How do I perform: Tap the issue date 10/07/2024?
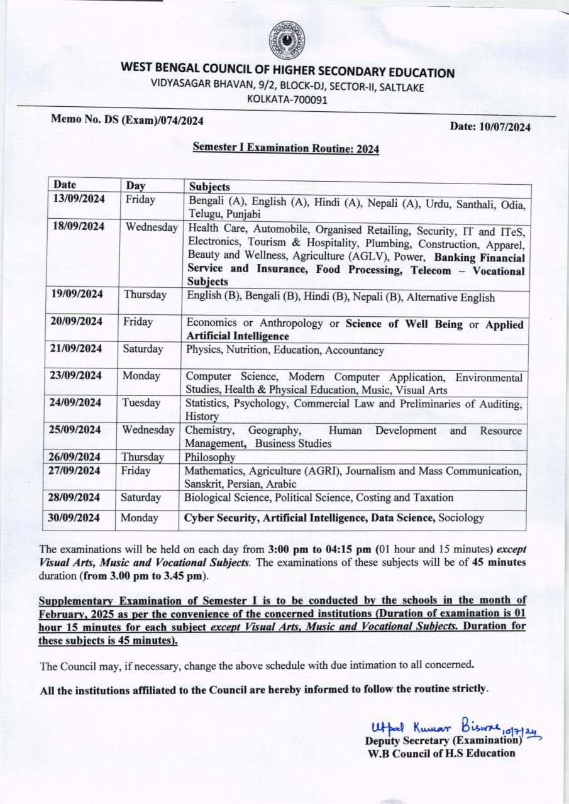[x=490, y=126]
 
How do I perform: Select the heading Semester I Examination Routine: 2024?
[x=285, y=148]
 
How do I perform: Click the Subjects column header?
[x=209, y=187]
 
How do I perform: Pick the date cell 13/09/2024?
[x=79, y=199]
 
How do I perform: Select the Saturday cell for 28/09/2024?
[x=141, y=497]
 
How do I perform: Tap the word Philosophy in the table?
[x=209, y=457]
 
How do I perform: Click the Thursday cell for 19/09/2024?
[x=145, y=295]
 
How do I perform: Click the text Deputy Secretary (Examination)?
[x=444, y=741]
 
